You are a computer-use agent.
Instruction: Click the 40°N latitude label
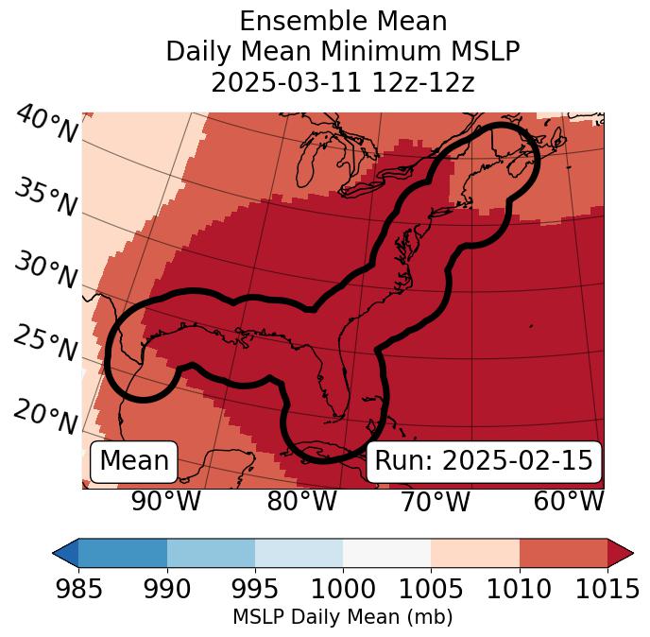click(x=45, y=125)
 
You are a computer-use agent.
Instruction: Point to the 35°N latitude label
click(x=45, y=198)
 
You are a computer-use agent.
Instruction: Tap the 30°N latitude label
click(x=45, y=271)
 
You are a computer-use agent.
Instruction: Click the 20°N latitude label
click(x=45, y=417)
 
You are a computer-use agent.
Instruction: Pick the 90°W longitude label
click(x=166, y=502)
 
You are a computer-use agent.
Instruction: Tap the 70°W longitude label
click(x=435, y=502)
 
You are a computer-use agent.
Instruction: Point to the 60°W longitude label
click(x=568, y=502)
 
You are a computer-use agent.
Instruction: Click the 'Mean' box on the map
click(x=134, y=461)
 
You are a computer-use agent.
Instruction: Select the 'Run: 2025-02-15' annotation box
click(x=484, y=461)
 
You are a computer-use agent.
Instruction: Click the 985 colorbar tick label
click(x=78, y=590)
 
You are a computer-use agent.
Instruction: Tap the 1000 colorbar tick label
click(x=343, y=590)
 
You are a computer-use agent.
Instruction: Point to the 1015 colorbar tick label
click(x=607, y=590)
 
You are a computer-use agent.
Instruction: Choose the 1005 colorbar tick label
click(x=431, y=590)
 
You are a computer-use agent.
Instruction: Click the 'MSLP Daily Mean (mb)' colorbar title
click(x=342, y=618)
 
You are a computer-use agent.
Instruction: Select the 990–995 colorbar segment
click(x=211, y=552)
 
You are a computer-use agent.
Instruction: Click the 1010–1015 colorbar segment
click(x=563, y=552)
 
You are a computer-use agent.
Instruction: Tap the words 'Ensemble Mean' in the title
click(x=342, y=21)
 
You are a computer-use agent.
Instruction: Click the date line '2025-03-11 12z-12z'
click(x=342, y=82)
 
